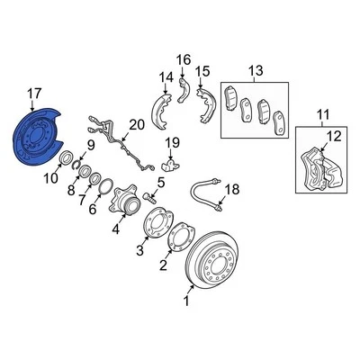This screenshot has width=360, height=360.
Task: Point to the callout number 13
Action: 255,71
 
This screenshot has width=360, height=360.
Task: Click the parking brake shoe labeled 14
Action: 165,105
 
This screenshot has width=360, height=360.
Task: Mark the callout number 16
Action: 184,61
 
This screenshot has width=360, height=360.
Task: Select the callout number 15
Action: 202,71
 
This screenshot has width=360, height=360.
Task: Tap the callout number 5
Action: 160,184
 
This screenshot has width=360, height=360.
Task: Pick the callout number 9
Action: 90,146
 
